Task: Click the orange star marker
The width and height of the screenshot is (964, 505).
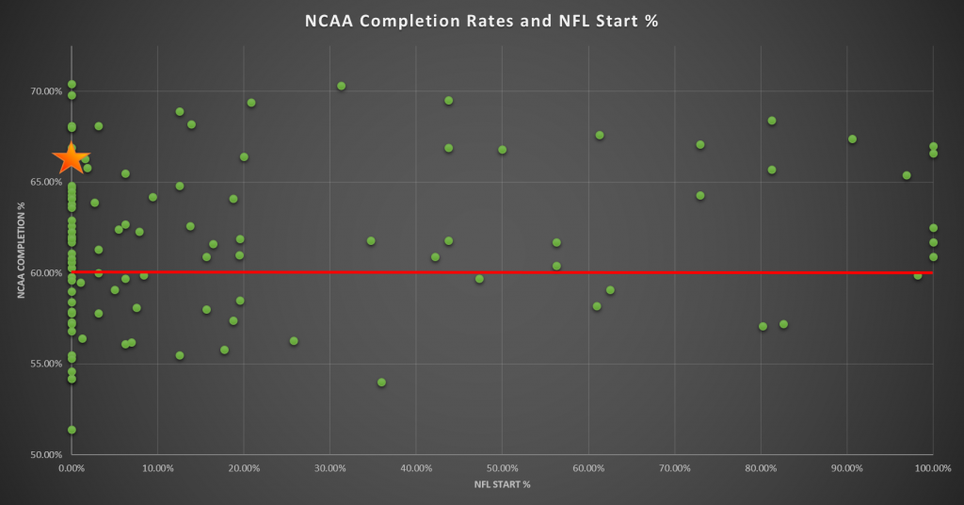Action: pyautogui.click(x=71, y=158)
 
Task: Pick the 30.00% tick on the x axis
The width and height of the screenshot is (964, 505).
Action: pyautogui.click(x=329, y=467)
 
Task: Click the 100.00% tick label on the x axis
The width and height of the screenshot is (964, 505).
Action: pyautogui.click(x=931, y=467)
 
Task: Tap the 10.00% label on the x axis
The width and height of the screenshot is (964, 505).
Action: pyautogui.click(x=157, y=467)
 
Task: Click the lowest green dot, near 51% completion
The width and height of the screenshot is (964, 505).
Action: pyautogui.click(x=72, y=430)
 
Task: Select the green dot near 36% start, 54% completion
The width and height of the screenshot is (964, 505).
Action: pyautogui.click(x=381, y=383)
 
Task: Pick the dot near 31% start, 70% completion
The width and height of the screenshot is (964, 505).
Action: pyautogui.click(x=342, y=86)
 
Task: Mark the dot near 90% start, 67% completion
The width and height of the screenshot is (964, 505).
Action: pyautogui.click(x=852, y=139)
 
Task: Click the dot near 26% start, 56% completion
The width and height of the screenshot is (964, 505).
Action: pyautogui.click(x=294, y=341)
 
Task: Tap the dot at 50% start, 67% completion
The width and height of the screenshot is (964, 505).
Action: pyautogui.click(x=502, y=150)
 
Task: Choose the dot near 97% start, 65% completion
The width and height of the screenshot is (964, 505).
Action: pyautogui.click(x=907, y=175)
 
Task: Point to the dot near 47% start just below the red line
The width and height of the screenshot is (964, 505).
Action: pyautogui.click(x=479, y=279)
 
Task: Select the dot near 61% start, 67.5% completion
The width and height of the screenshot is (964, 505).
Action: pyautogui.click(x=600, y=135)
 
